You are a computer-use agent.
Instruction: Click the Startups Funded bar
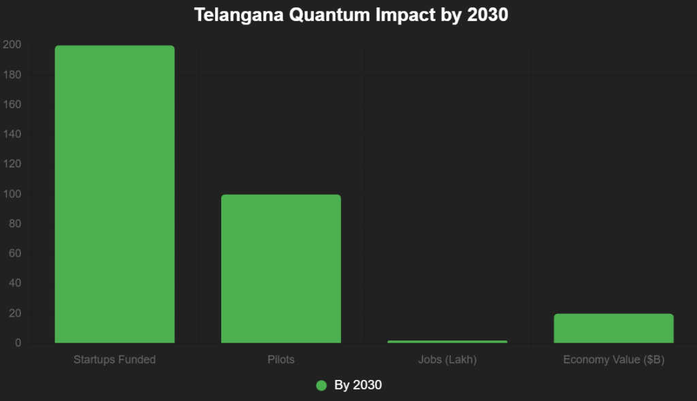pyautogui.click(x=114, y=194)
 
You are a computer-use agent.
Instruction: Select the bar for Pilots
pyautogui.click(x=280, y=268)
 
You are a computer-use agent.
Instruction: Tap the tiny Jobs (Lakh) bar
pyautogui.click(x=447, y=341)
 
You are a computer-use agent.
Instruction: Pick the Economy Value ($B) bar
pyautogui.click(x=613, y=328)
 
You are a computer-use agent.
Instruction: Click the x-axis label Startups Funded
pyautogui.click(x=114, y=359)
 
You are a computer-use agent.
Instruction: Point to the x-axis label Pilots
pyautogui.click(x=280, y=359)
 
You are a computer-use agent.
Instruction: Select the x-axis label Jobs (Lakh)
pyautogui.click(x=447, y=359)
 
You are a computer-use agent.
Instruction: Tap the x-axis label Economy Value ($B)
pyautogui.click(x=613, y=359)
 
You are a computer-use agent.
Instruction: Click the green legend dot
pyautogui.click(x=322, y=385)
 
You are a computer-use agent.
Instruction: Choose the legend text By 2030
pyautogui.click(x=358, y=385)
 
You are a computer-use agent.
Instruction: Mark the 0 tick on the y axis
pyautogui.click(x=18, y=343)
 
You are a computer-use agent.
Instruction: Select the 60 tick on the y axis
pyautogui.click(x=15, y=254)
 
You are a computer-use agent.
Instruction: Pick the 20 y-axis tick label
pyautogui.click(x=15, y=313)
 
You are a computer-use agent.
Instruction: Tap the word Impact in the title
pyautogui.click(x=395, y=15)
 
